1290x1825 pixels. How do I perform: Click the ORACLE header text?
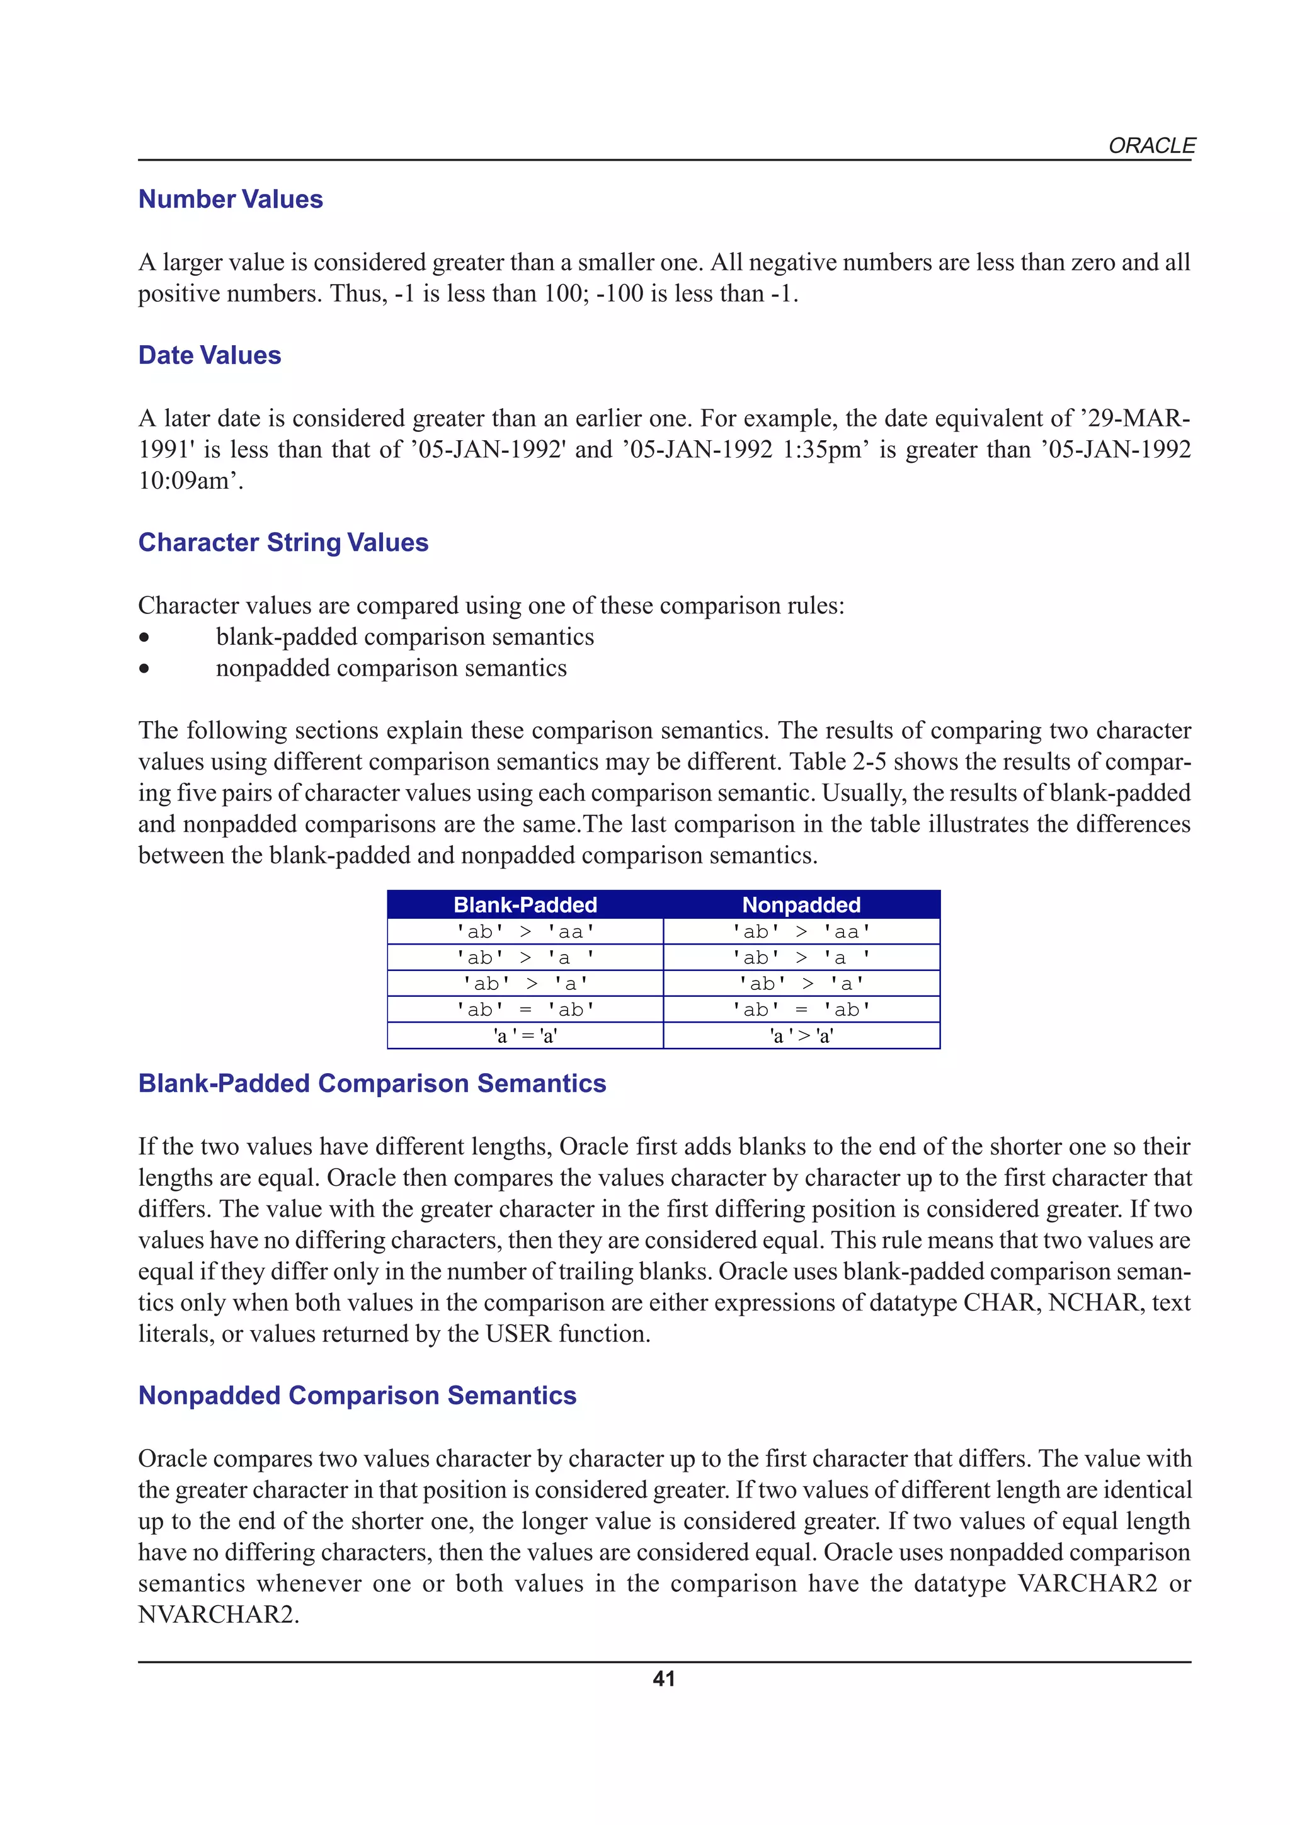coord(1151,145)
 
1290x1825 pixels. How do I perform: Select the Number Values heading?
coord(231,199)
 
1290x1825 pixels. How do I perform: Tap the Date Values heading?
coord(210,355)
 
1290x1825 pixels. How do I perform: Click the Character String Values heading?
coord(283,542)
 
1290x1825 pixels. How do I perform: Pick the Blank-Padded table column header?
coord(525,904)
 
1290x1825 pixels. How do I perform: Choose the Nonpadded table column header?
coord(801,904)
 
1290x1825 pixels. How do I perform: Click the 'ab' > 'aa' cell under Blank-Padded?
coord(525,931)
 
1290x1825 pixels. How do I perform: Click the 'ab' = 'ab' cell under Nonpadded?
coord(801,1009)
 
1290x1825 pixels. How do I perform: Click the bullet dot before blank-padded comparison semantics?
coord(144,637)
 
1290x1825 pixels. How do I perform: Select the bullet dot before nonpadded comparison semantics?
coord(144,669)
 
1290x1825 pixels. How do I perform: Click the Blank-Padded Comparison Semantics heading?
coord(372,1083)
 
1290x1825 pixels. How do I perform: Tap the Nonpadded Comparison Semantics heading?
coord(357,1395)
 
